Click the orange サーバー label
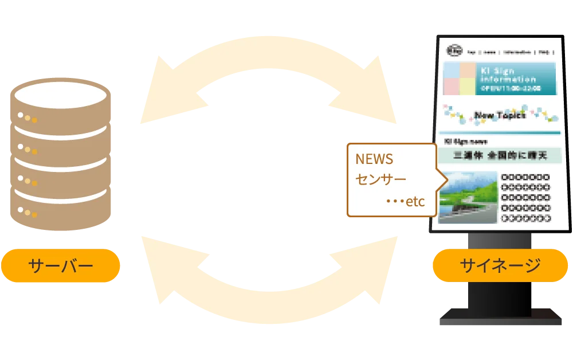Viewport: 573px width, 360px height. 61,266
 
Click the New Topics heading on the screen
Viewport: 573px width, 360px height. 500,116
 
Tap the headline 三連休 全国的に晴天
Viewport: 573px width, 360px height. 500,155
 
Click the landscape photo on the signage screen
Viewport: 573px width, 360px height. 468,197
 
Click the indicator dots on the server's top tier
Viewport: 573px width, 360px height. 27,118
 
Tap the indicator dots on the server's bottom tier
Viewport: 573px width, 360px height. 27,212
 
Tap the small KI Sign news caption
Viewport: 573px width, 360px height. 465,141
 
